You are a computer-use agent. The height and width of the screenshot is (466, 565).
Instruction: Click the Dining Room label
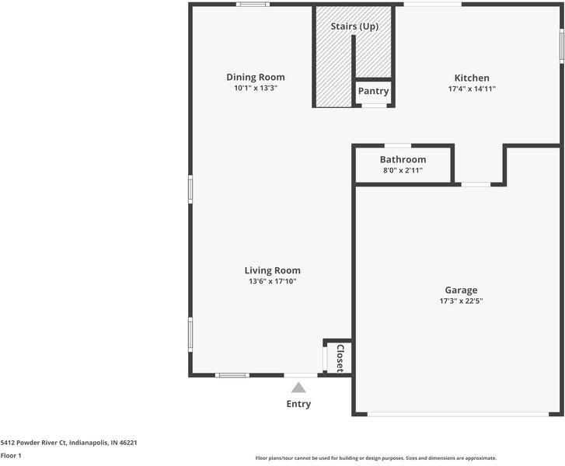[x=255, y=77]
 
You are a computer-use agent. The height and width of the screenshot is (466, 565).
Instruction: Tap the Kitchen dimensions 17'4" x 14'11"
[x=472, y=89]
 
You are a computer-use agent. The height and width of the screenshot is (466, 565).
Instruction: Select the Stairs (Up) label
[x=354, y=26]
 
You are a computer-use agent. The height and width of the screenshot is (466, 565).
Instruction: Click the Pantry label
[x=373, y=91]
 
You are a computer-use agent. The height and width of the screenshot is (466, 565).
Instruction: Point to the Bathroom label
[x=403, y=159]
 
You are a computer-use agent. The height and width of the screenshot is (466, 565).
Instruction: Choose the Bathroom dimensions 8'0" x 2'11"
[x=403, y=170]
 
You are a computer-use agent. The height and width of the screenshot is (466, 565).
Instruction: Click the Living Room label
[x=272, y=270]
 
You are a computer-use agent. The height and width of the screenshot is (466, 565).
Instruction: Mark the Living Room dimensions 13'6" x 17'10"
[x=272, y=281]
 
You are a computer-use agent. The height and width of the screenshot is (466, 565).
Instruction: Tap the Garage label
[x=461, y=290]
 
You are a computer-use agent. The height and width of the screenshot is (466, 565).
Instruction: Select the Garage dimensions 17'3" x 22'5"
[x=461, y=301]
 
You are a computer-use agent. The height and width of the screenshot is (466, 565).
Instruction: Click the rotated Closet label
[x=340, y=358]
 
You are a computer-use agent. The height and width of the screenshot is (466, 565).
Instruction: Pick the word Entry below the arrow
[x=298, y=404]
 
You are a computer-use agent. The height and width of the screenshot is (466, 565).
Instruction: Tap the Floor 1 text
[x=11, y=455]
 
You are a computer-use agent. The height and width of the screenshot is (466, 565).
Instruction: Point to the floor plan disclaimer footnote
[x=375, y=458]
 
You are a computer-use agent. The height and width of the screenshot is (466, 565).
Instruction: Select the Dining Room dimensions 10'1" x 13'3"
[x=255, y=89]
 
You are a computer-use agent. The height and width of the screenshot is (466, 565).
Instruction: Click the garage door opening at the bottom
[x=458, y=414]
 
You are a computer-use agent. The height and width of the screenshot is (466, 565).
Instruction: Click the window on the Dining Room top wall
[x=253, y=5]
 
